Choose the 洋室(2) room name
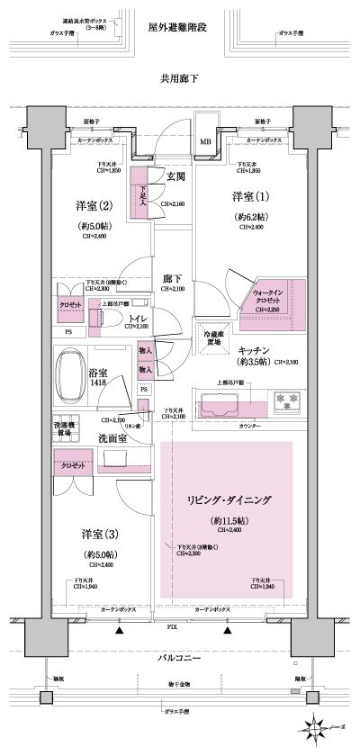pos(95,206)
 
